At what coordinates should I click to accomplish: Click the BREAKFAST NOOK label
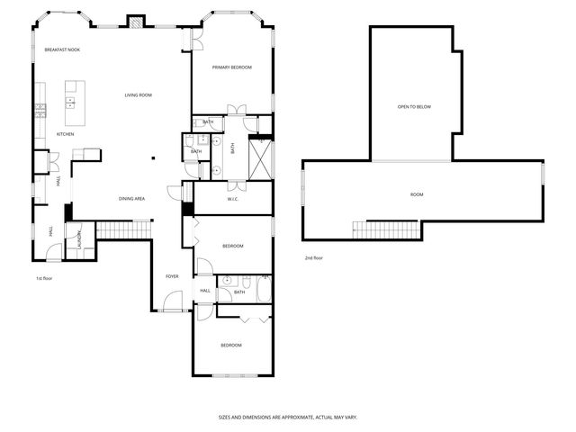click(62, 49)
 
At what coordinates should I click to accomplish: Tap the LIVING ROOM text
click(138, 94)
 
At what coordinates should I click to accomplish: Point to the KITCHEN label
click(65, 134)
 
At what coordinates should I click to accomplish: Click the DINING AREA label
click(132, 198)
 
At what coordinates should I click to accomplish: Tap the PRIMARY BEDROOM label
click(231, 67)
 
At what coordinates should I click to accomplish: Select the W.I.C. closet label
click(231, 199)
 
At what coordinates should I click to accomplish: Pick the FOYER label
click(172, 275)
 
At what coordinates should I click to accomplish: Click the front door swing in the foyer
click(175, 301)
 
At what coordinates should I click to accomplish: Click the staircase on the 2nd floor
click(386, 229)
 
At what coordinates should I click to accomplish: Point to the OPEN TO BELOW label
click(414, 107)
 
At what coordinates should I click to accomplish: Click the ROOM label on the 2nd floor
click(417, 194)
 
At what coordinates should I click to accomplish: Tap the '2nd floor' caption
click(313, 258)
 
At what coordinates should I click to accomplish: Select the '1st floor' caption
click(45, 278)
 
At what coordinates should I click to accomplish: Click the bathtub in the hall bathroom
click(263, 290)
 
